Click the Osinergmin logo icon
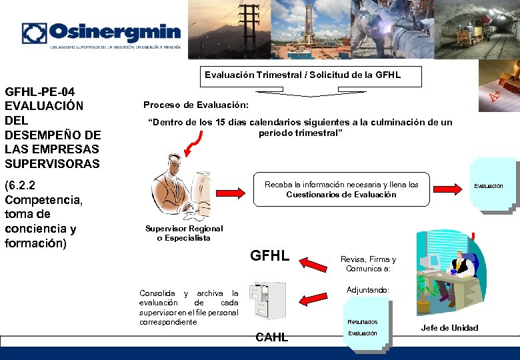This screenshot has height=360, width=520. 34,33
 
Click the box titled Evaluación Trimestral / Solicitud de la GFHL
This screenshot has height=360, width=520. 303,76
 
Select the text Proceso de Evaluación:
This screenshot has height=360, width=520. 196,105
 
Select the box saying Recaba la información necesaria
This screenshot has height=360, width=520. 341,189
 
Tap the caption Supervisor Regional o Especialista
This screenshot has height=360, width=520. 184,233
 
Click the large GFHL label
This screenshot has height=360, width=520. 269,255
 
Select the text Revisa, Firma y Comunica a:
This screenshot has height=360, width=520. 368,264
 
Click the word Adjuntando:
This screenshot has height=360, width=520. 368,291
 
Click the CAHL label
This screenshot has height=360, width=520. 271,337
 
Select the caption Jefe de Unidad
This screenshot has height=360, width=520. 449,327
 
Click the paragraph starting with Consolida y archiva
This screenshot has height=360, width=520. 189,307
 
